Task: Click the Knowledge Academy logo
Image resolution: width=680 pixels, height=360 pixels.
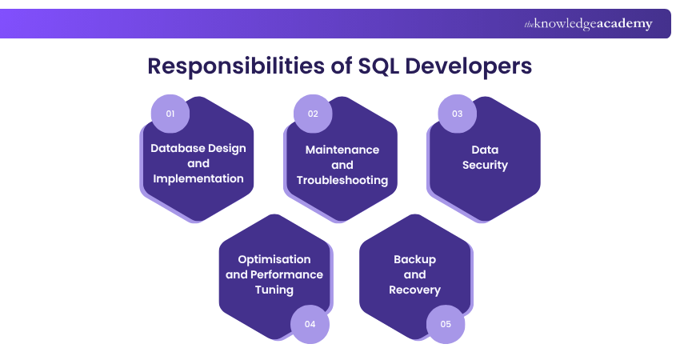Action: coord(588,24)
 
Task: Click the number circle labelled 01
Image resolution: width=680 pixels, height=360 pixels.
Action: coord(170,114)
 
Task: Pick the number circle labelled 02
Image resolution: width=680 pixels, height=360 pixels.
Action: coord(313,114)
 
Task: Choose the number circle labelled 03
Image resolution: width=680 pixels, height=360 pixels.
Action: coord(458,114)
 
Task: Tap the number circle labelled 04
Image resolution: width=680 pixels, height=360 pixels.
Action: coord(310,324)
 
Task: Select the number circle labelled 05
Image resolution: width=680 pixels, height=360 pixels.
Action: coord(446,324)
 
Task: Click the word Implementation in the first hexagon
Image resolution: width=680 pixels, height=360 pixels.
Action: coord(198,178)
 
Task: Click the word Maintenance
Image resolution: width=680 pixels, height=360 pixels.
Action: coord(342,150)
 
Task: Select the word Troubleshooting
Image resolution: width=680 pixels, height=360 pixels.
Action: coord(342,180)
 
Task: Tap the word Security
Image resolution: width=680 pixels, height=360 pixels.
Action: coord(485,165)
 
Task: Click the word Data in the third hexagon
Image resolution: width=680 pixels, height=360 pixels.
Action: coord(485,150)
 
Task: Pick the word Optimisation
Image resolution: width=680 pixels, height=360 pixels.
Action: coord(274,259)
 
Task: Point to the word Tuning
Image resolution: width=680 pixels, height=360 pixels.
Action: coord(274,290)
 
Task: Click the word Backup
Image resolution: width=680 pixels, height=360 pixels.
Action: coord(415,259)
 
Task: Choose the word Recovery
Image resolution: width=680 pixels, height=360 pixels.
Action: coord(415,290)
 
